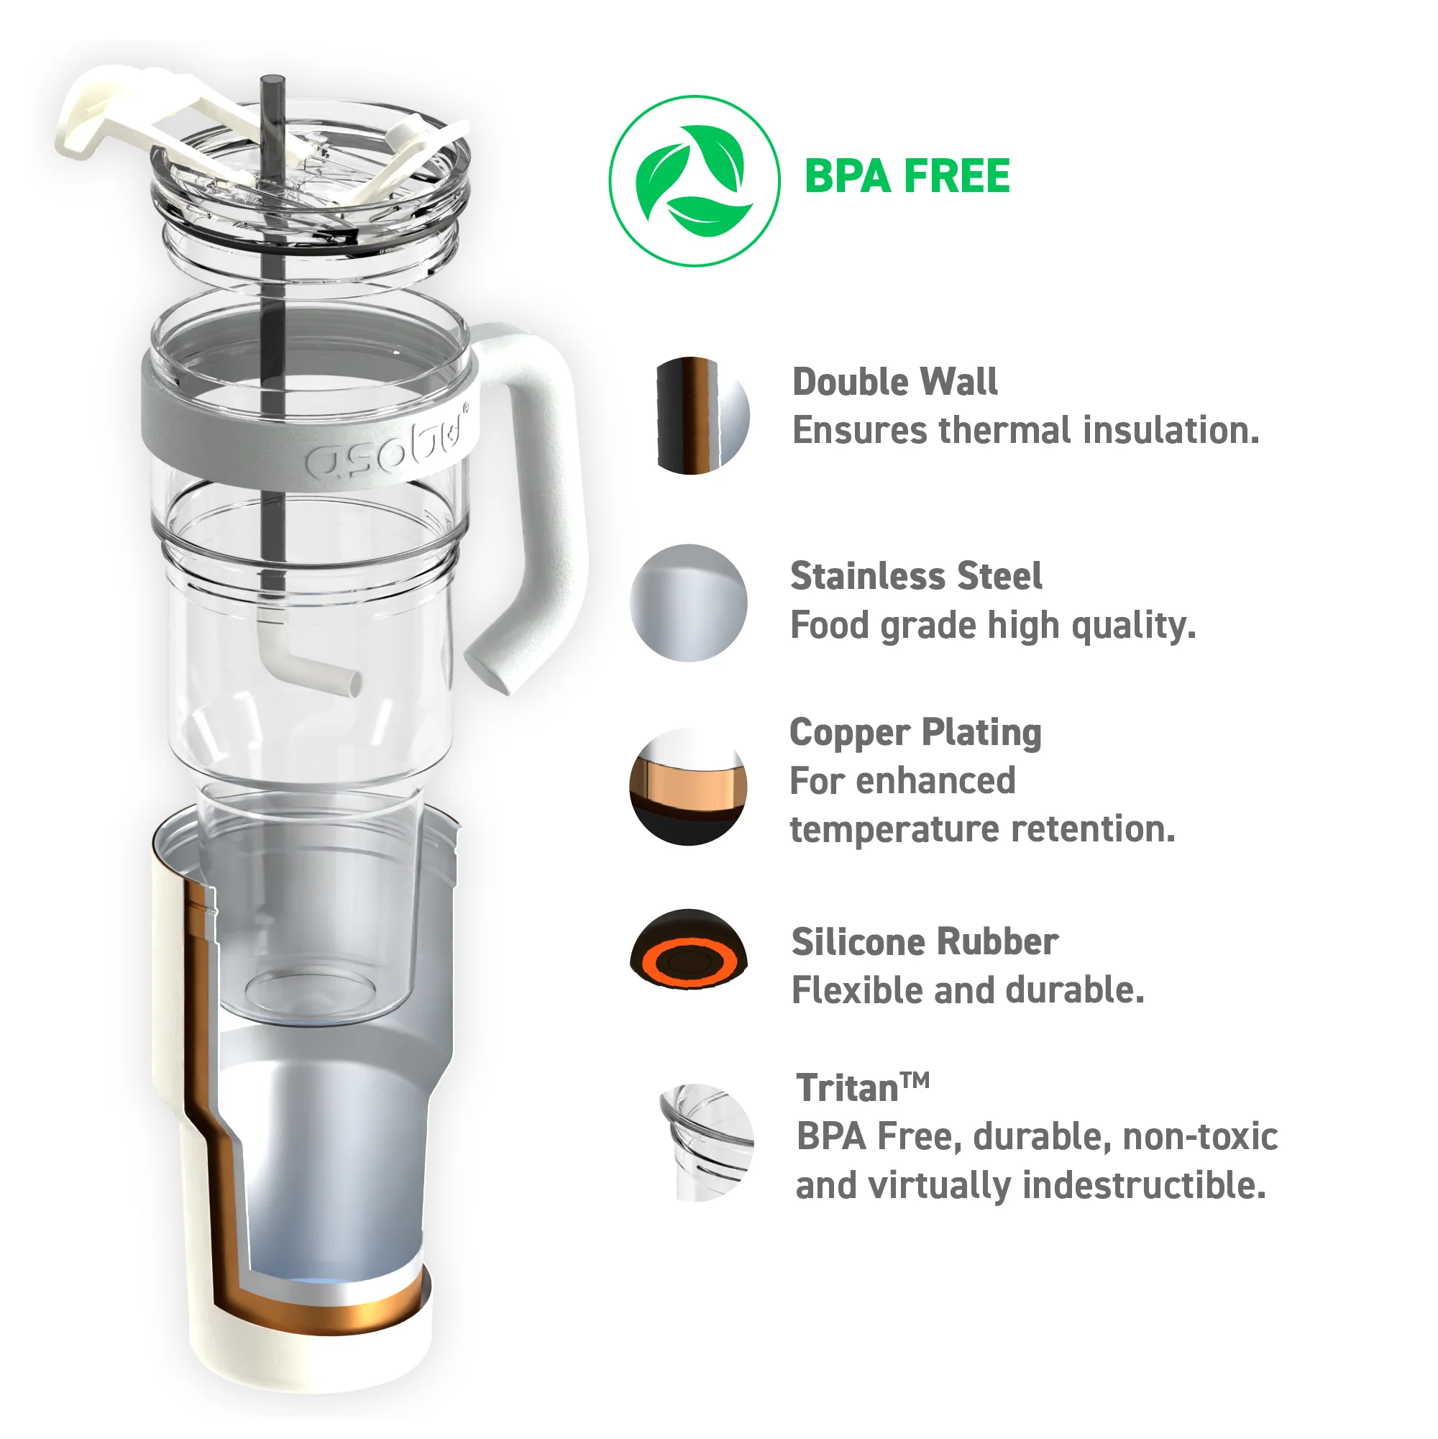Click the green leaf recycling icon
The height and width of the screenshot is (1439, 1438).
[x=694, y=181]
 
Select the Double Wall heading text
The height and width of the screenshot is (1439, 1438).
[x=894, y=382]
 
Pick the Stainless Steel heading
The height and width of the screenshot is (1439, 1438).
[x=915, y=577]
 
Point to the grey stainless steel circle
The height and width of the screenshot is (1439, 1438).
[x=688, y=603]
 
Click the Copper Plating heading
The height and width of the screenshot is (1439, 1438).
[x=915, y=732]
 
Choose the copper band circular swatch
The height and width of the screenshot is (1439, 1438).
[x=688, y=787]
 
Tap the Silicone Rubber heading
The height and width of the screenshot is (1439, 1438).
[x=924, y=942]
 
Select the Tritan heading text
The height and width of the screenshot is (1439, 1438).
[x=861, y=1088]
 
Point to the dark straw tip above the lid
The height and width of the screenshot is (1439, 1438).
[x=273, y=86]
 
